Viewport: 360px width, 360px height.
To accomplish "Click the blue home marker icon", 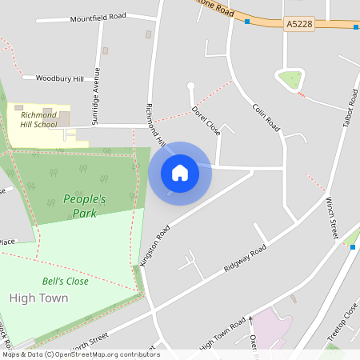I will (180, 173).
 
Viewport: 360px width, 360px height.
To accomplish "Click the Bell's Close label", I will (66, 282).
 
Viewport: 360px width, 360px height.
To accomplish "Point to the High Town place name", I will (38, 298).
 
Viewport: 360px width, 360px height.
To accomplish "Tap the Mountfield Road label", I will (98, 17).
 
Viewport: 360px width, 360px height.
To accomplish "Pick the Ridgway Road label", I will (245, 260).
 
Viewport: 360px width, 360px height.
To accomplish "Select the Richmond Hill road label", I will (154, 126).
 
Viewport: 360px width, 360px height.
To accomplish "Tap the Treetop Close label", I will (342, 326).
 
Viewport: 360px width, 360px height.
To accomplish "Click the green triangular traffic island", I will (290, 80).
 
